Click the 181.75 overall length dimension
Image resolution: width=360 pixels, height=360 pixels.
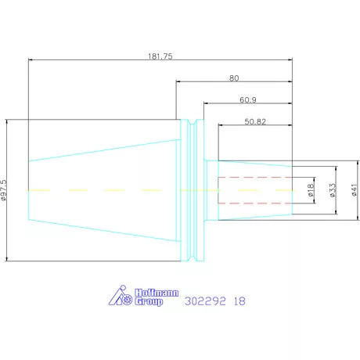160,56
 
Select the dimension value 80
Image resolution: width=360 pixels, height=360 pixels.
234,78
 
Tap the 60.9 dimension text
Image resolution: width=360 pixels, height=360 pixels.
248,100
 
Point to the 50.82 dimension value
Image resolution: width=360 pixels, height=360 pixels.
255,121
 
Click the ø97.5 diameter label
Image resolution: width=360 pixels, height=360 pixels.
4,190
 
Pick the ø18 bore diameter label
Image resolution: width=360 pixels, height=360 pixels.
311,190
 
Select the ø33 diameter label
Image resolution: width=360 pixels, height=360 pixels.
333,190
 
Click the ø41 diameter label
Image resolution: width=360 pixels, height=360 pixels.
354,190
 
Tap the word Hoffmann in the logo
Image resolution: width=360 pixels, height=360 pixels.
157,293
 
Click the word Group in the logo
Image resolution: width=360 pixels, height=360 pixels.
149,301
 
